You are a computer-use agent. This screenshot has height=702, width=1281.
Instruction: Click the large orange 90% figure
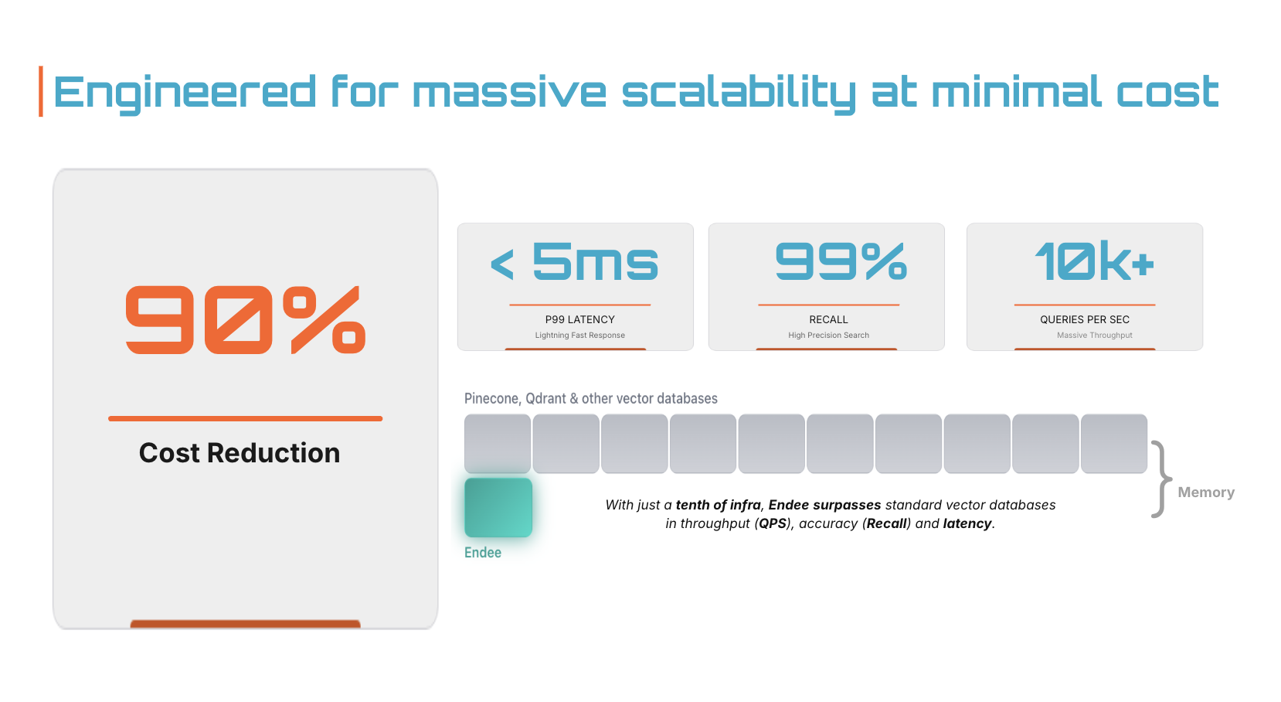[x=245, y=319]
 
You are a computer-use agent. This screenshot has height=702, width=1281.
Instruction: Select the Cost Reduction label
[x=240, y=453]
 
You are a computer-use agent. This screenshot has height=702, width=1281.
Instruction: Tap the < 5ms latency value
[x=576, y=262]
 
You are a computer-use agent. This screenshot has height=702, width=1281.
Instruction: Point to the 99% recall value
[x=841, y=261]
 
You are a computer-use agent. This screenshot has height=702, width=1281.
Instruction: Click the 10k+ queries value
[x=1093, y=261]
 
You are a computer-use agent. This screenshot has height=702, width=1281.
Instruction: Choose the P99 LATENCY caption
[x=579, y=319]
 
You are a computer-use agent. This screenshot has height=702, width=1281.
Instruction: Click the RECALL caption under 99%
[x=828, y=319]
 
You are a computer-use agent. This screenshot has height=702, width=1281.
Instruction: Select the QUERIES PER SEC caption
[x=1084, y=319]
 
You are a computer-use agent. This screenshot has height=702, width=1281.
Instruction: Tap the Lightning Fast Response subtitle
[x=579, y=336]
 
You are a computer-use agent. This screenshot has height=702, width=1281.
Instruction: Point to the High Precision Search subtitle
[x=828, y=336]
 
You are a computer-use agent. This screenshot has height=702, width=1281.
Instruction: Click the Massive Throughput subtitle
[x=1094, y=336]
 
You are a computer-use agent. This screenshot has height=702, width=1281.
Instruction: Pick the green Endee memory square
[x=498, y=507]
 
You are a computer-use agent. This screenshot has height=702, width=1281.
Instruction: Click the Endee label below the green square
[x=483, y=553]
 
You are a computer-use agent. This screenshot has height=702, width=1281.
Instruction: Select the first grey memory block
[x=498, y=444]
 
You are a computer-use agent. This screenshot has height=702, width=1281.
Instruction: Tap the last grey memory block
[x=1113, y=444]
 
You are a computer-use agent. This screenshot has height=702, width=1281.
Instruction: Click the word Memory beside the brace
[x=1205, y=492]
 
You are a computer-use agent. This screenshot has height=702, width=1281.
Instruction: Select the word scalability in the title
[x=739, y=93]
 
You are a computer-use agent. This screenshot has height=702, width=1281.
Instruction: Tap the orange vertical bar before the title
[x=41, y=91]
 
